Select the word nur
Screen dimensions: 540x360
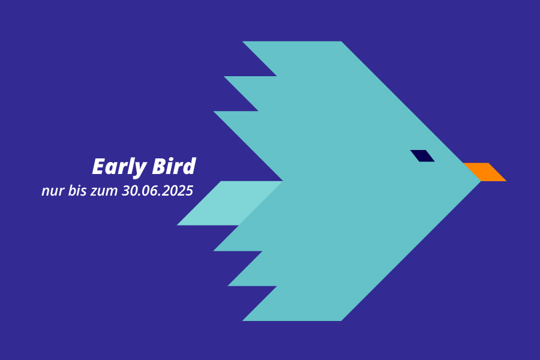53,191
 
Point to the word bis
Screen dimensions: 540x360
77,191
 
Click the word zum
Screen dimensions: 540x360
104,191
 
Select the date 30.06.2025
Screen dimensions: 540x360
157,191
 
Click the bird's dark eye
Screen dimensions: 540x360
422,156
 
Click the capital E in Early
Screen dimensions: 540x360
99,166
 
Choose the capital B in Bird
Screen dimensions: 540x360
160,166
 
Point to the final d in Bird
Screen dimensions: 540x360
189,166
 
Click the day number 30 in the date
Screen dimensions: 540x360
129,191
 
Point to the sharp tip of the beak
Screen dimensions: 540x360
506,181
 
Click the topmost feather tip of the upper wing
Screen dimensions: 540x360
243,41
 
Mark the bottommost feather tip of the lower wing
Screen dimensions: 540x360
243,321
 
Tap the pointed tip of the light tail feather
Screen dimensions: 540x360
178,225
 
